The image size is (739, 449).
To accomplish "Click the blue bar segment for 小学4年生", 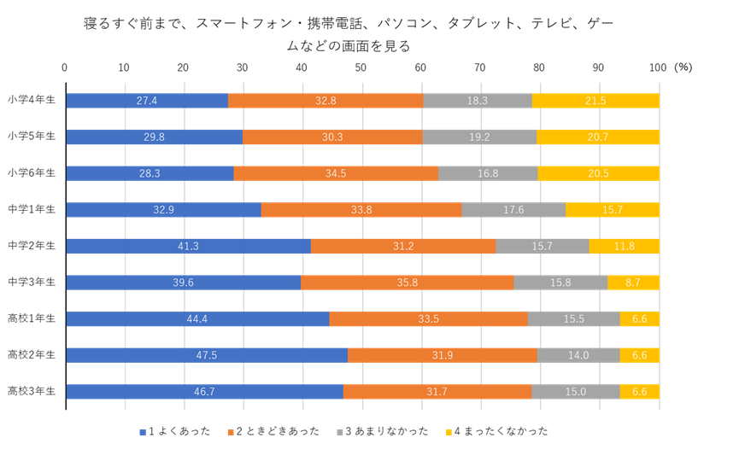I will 147,101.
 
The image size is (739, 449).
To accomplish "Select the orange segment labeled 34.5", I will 336,173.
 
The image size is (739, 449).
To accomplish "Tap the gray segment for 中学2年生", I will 542,246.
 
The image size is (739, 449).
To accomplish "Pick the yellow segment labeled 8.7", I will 633,283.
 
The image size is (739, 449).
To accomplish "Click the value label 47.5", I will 206,355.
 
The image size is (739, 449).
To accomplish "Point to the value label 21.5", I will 595,101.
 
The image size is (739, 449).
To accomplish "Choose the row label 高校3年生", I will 32,392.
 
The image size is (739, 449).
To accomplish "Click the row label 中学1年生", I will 32,209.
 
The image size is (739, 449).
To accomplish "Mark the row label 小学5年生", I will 32,137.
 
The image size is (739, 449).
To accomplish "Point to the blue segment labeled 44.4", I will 197,319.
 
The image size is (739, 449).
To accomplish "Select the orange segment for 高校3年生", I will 437,392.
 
